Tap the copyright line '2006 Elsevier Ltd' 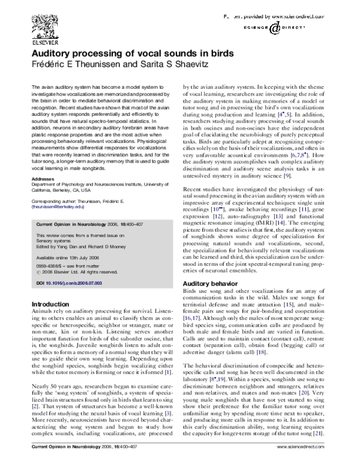pos(81,271)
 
